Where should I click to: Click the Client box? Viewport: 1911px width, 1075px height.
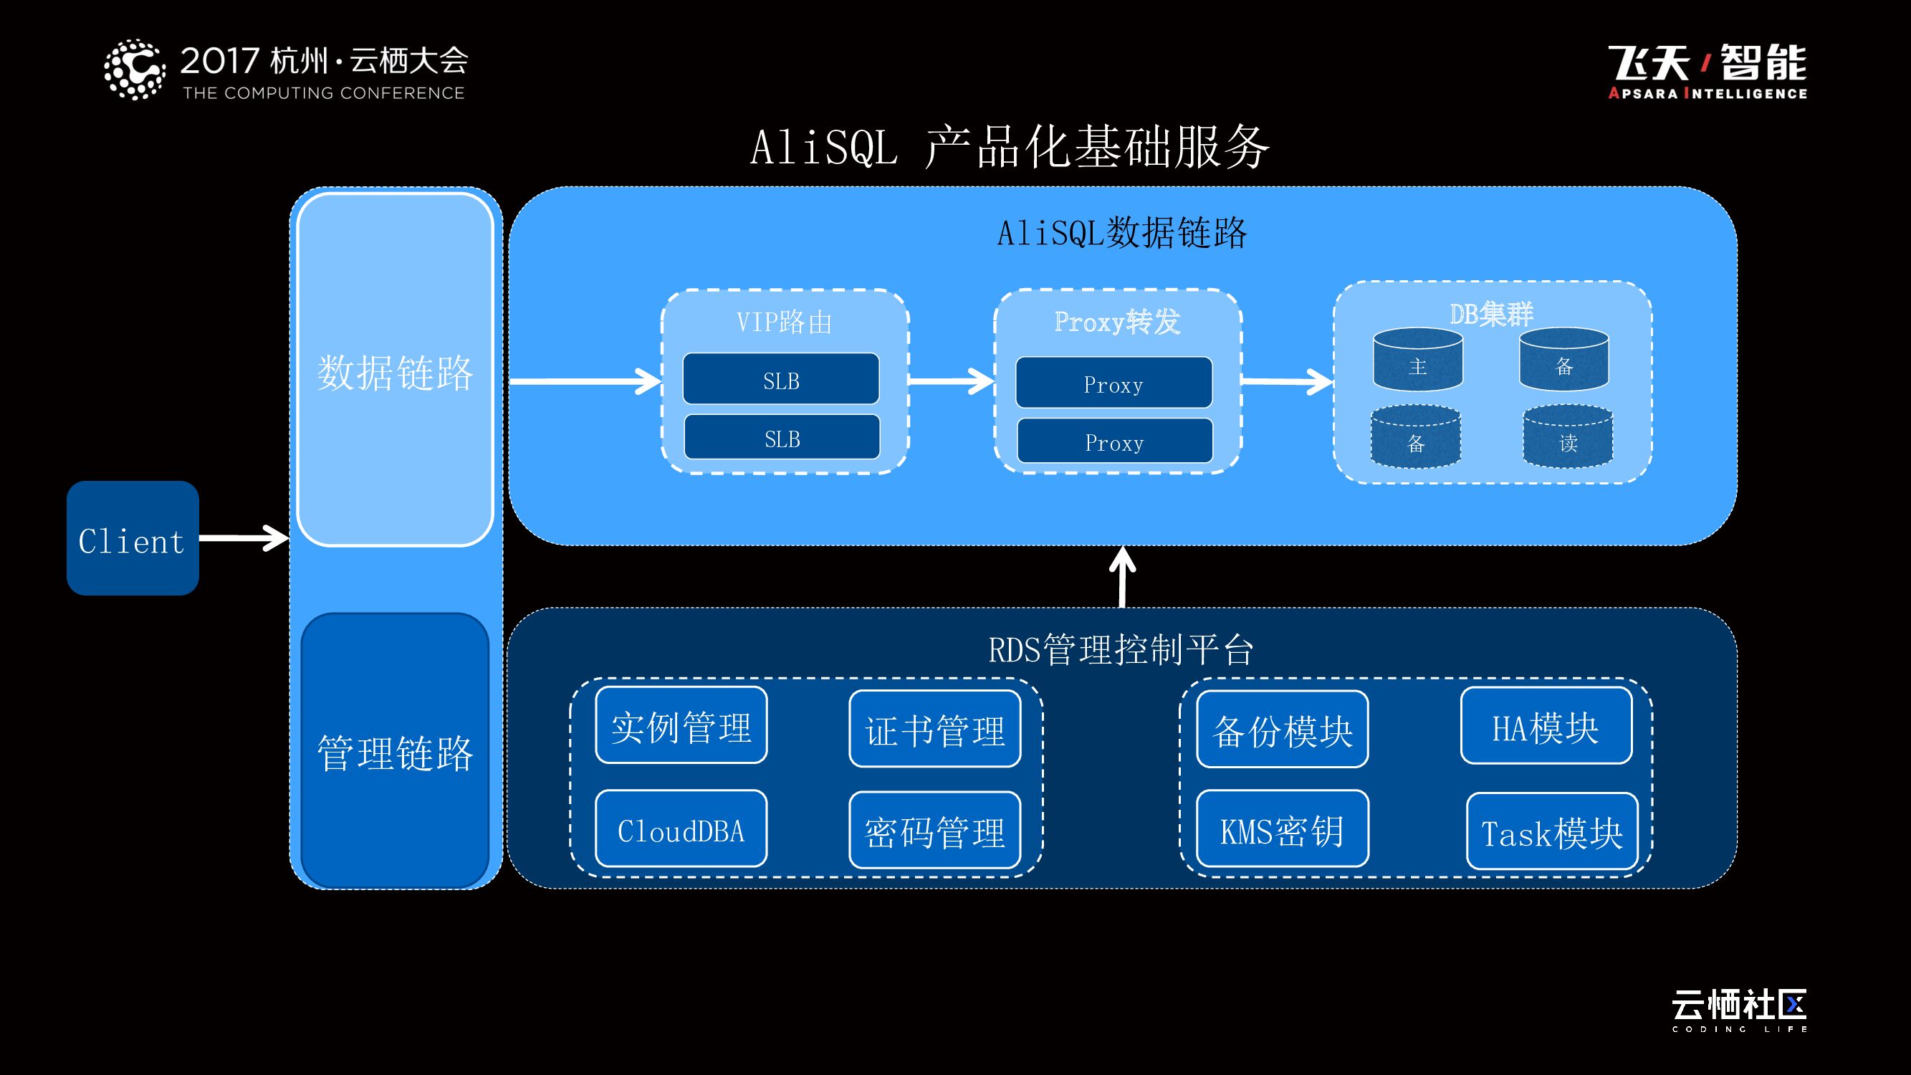[x=132, y=538]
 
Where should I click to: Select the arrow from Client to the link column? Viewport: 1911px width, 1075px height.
[x=244, y=538]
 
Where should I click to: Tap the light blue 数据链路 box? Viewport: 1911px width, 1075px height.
[x=395, y=371]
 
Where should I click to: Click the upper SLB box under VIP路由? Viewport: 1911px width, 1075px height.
[x=780, y=379]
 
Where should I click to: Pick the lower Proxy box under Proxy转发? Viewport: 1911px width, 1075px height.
[x=1114, y=441]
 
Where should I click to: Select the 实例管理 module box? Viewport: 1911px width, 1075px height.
[x=681, y=725]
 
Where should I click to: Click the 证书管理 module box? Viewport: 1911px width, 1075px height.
[x=935, y=730]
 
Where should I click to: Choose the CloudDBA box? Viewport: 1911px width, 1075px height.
[x=681, y=829]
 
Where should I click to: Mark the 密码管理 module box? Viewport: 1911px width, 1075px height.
[x=935, y=831]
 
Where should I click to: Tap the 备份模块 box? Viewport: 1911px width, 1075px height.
[x=1282, y=730]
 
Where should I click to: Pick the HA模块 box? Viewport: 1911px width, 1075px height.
[x=1546, y=726]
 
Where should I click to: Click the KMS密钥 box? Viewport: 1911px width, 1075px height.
[x=1282, y=829]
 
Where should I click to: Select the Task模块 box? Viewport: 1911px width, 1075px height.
[x=1552, y=831]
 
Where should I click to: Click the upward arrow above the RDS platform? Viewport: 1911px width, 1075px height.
[x=1121, y=577]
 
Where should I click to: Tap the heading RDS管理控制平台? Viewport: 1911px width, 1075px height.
[x=1120, y=650]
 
